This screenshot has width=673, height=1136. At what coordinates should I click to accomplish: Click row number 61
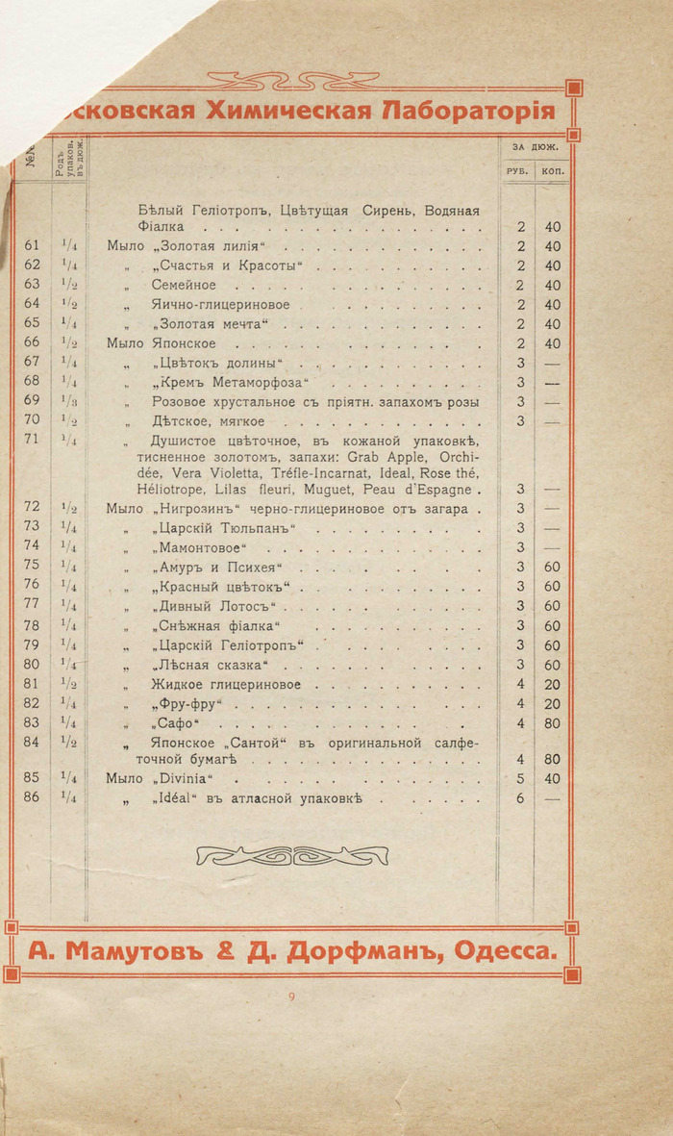32,246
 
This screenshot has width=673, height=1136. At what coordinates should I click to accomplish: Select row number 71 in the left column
32,440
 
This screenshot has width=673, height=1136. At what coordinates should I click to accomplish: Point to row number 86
32,797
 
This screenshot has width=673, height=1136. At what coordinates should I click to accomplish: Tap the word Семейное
184,285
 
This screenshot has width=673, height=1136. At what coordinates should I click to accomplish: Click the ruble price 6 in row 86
519,797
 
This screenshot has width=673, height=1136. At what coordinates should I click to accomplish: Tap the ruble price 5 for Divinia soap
519,778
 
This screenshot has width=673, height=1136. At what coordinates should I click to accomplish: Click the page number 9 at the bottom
291,997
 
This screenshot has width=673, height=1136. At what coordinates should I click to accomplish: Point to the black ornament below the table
292,854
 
